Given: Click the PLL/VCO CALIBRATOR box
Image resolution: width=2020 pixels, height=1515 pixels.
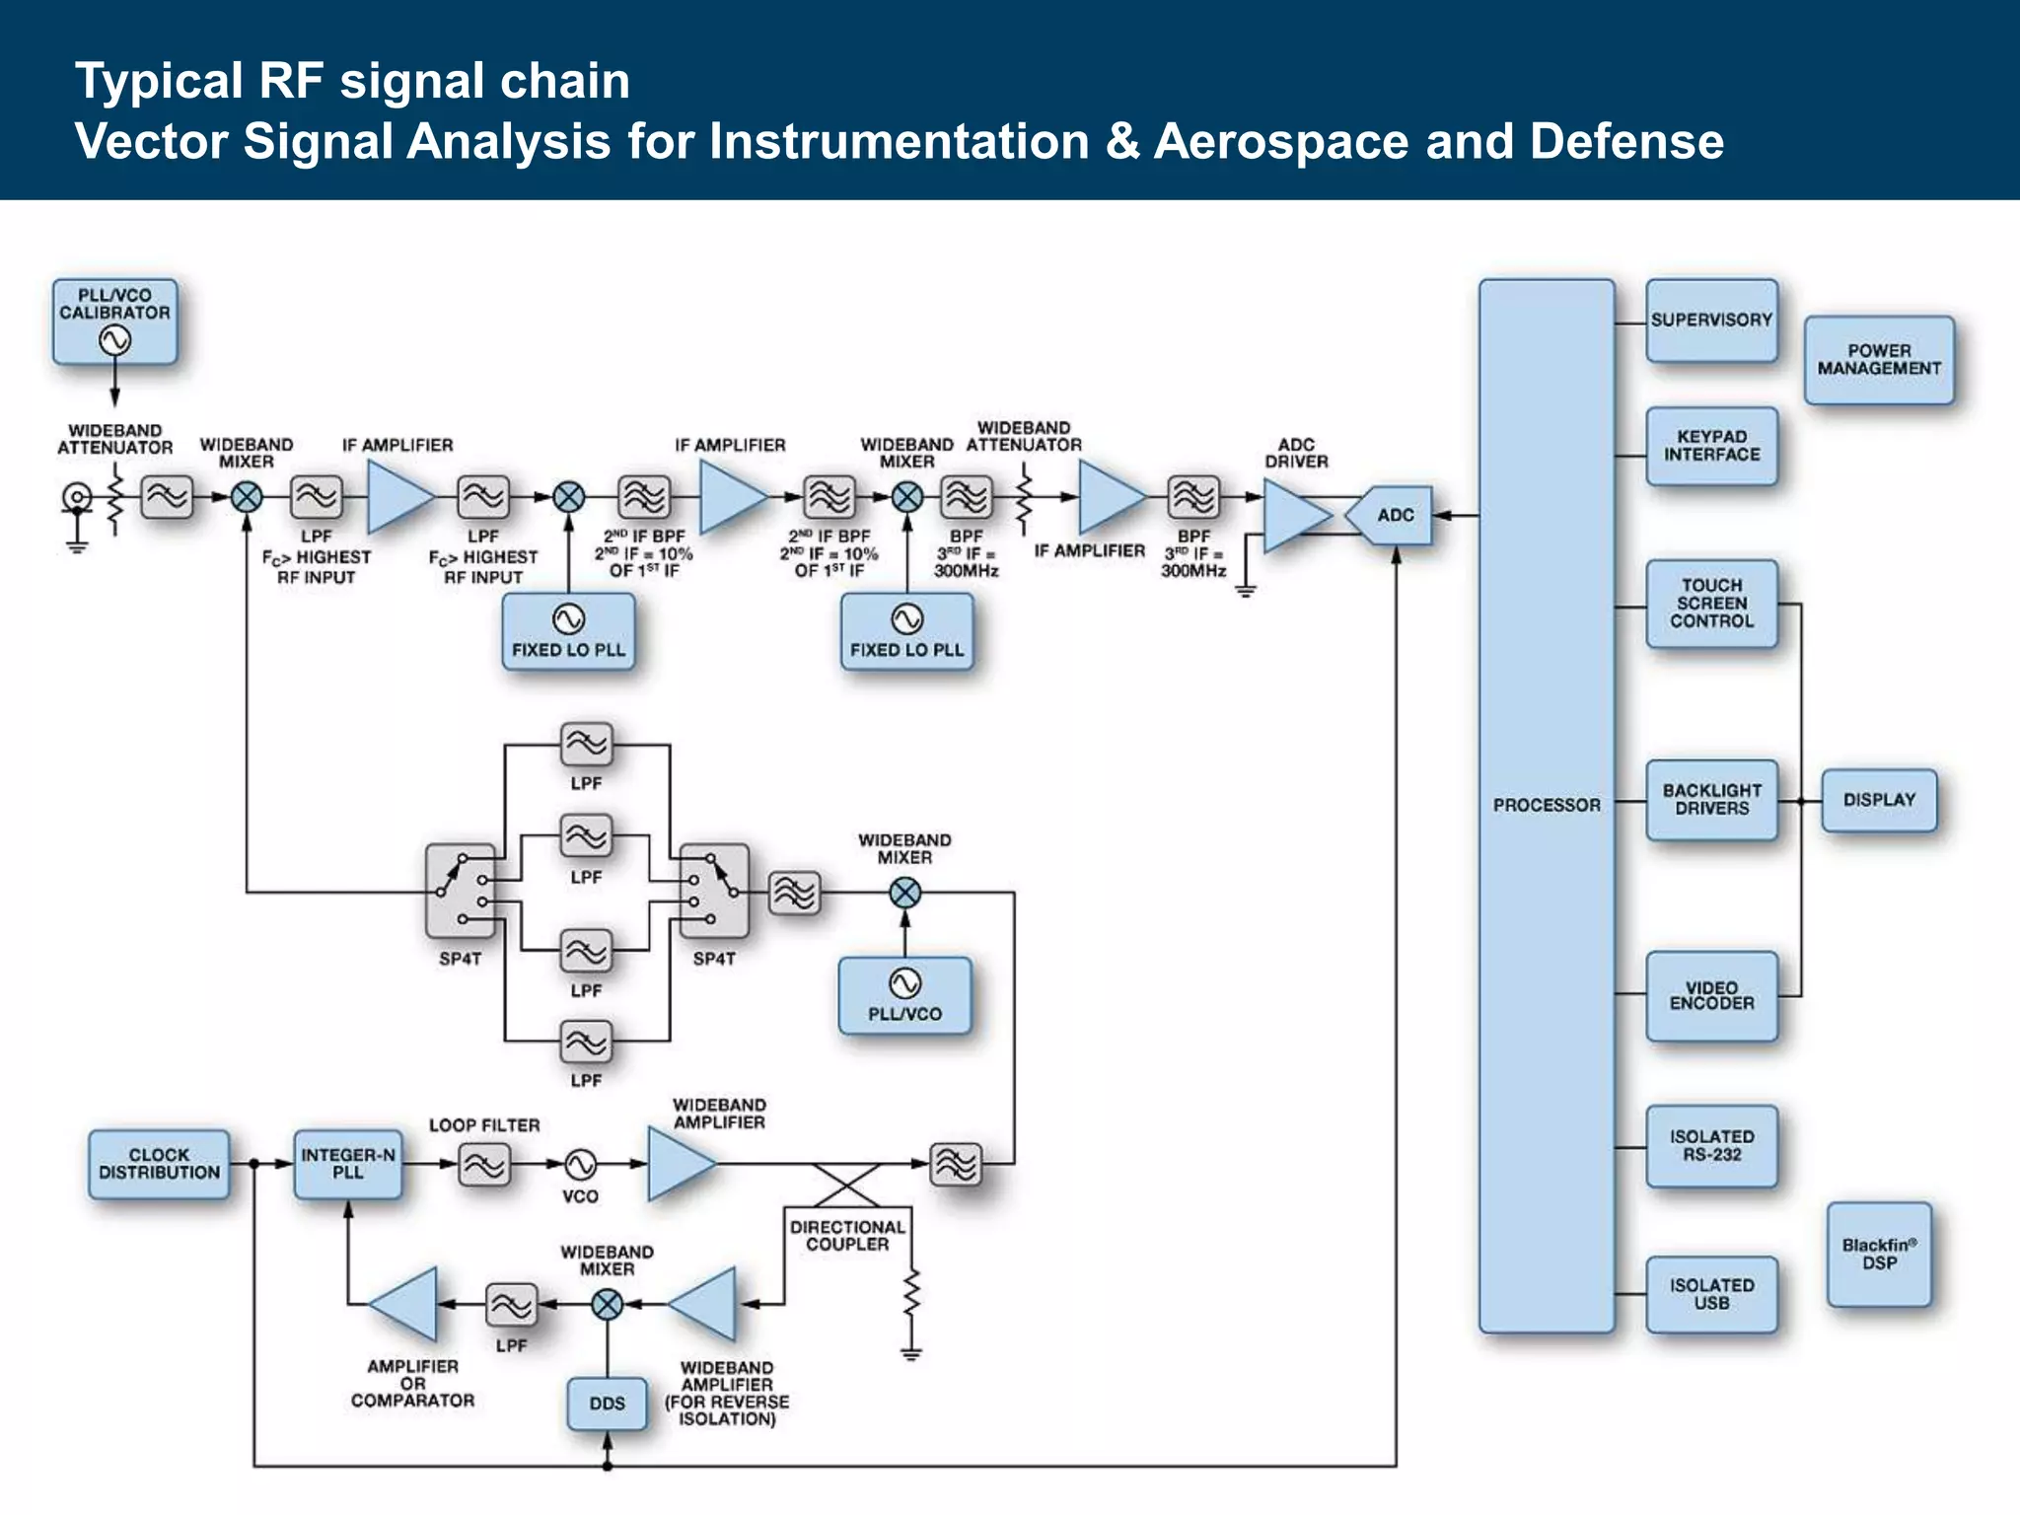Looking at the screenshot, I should point(115,322).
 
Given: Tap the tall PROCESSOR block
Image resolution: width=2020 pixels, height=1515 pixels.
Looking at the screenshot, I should point(1546,805).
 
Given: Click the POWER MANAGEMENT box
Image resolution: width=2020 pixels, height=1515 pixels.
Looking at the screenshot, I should point(1878,360).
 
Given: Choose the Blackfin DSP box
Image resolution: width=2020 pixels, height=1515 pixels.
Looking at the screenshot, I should point(1878,1255).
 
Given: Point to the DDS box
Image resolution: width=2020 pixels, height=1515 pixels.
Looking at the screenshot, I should point(607,1403).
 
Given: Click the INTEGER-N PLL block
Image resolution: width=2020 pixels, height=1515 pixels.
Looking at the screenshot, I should point(347,1164).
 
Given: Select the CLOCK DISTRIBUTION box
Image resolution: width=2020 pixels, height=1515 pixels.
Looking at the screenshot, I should point(159,1164).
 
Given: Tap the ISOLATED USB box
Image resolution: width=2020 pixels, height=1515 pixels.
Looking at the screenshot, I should point(1711,1294).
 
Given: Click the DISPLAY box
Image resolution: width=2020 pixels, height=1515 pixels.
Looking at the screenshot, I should point(1878,800).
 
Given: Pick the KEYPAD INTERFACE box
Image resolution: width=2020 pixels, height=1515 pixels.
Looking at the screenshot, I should point(1711,446).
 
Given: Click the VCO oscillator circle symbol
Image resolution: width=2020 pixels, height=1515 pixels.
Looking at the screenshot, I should point(580,1164).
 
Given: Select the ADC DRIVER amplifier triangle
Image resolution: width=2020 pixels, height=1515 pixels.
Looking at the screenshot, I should point(1292,515).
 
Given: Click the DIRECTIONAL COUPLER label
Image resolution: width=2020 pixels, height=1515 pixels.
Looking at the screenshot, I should point(847,1236).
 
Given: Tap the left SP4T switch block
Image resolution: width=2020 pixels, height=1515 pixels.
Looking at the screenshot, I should point(460,892).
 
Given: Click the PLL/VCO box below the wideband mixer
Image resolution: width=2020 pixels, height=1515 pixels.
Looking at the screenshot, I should point(904,995).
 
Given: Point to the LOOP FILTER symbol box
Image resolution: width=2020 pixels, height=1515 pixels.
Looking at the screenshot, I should point(484,1165).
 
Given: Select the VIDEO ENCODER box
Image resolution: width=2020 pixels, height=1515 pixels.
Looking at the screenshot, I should point(1711,995).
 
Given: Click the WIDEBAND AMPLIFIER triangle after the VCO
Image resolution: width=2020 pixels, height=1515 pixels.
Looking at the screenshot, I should point(678,1164).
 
